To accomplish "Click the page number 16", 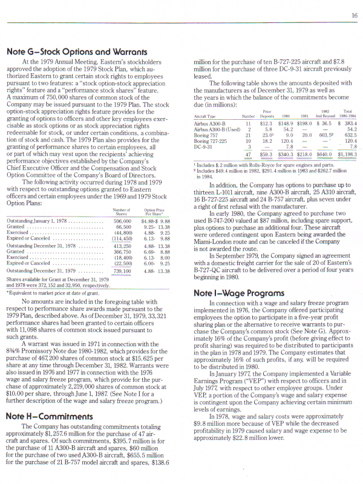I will coord(353,15).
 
